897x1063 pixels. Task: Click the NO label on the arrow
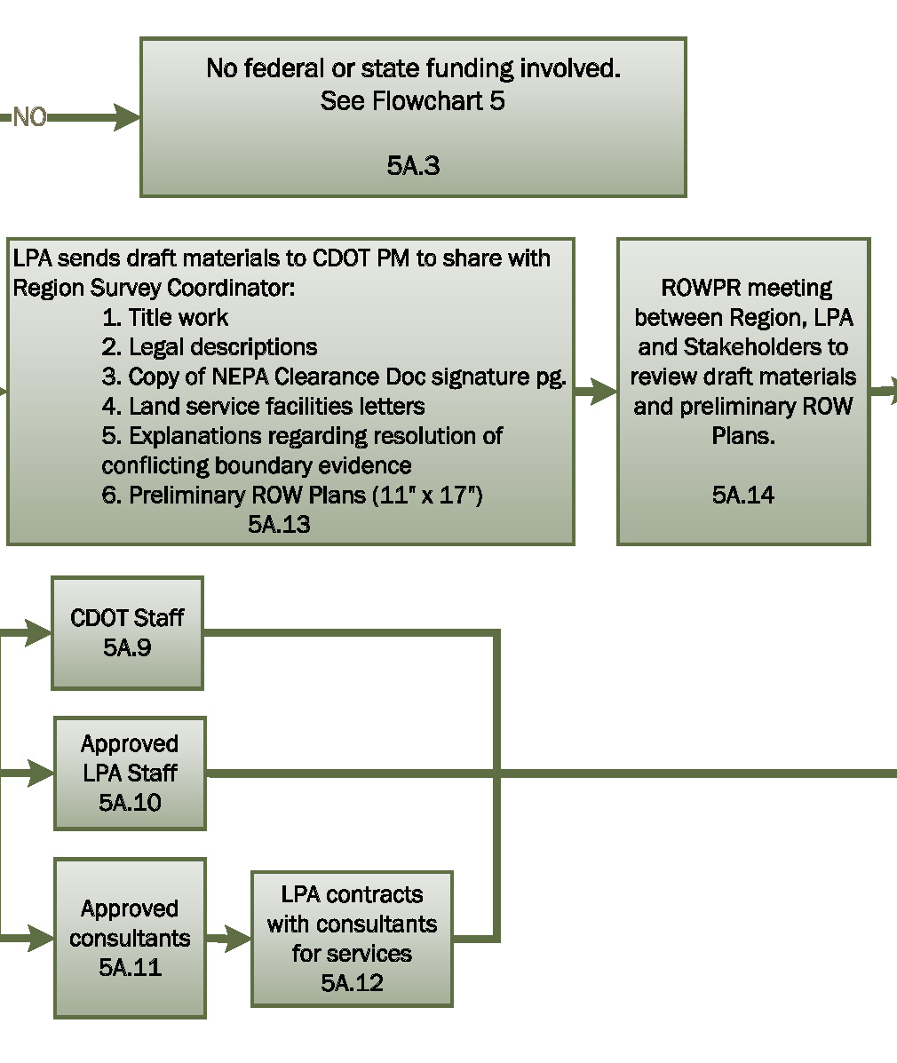[29, 117]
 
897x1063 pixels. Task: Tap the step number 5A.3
[413, 166]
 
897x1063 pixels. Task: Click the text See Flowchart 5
[412, 101]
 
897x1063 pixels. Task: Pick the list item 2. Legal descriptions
[209, 347]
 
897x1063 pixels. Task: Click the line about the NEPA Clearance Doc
[333, 377]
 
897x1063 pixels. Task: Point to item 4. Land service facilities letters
[263, 407]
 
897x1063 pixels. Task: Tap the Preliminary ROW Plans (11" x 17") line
[292, 495]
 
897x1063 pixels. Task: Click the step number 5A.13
[279, 524]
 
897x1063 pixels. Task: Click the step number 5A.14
[742, 495]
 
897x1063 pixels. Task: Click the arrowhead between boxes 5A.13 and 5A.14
[603, 391]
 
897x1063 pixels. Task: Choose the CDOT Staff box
[127, 632]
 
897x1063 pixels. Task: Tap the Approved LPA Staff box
[130, 773]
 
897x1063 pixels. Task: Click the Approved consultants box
[130, 937]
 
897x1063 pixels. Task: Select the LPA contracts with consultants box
[352, 924]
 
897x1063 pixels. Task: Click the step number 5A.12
[352, 982]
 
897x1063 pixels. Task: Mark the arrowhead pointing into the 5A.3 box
[126, 117]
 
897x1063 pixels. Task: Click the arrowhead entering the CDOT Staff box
[37, 633]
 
